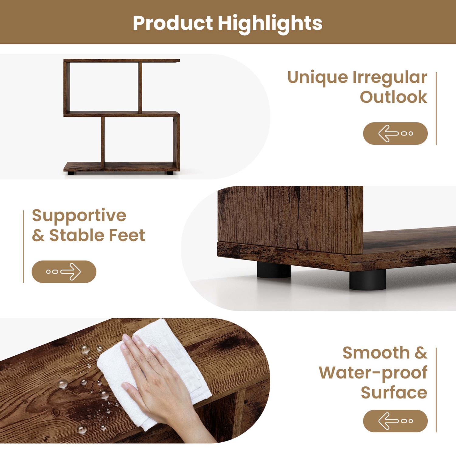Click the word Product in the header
[173, 23]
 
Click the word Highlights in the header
[270, 24]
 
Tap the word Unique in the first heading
[317, 77]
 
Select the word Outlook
[393, 97]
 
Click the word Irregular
[390, 78]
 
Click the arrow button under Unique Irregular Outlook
[395, 133]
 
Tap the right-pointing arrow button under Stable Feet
[64, 271]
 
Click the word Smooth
[376, 353]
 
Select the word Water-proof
[373, 373]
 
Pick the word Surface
[394, 392]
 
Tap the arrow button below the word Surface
[395, 421]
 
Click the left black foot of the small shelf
[71, 173]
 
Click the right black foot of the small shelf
[170, 173]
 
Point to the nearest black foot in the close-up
[368, 279]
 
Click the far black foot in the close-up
[274, 270]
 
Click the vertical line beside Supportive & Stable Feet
[23, 246]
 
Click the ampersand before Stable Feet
[38, 236]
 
